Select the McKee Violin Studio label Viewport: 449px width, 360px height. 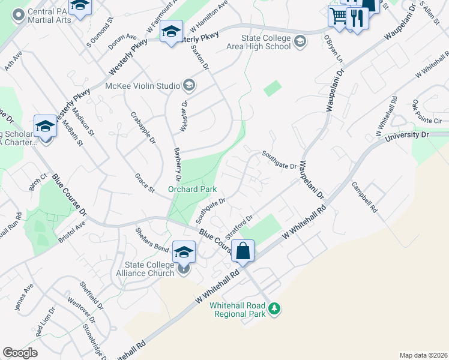pyautogui.click(x=142, y=86)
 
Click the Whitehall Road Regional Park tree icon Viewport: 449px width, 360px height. pyautogui.click(x=274, y=308)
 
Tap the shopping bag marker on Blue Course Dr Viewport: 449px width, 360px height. pyautogui.click(x=243, y=251)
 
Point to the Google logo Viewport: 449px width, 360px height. pyautogui.click(x=20, y=353)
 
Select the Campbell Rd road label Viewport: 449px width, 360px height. pyautogui.click(x=364, y=198)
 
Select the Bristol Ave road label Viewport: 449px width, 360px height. pyautogui.click(x=72, y=230)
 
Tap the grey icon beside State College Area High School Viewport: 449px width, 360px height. pyautogui.click(x=300, y=41)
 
